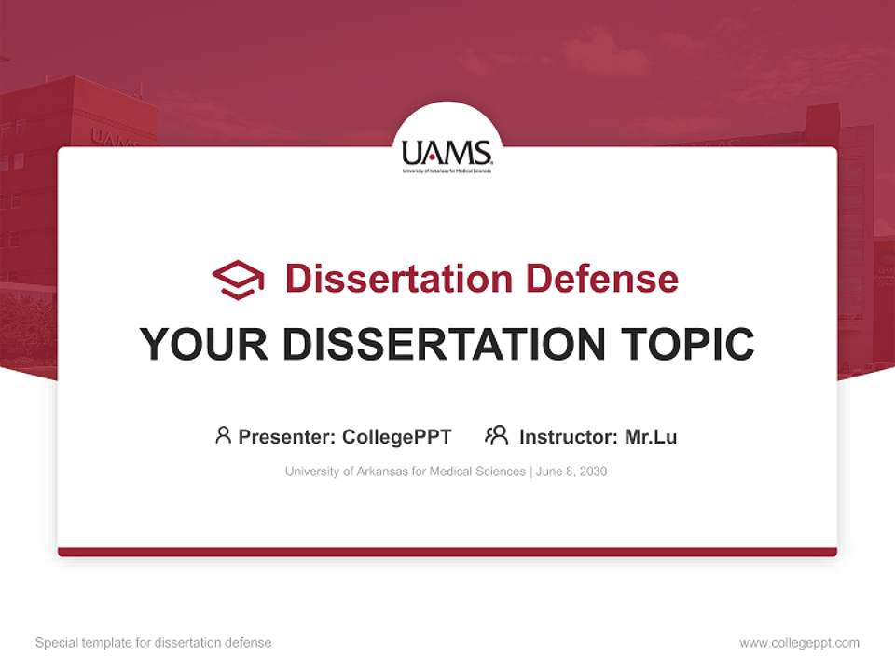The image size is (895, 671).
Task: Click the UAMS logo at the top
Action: point(447,154)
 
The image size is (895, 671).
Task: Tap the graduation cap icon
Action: point(238,280)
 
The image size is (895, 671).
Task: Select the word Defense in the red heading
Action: point(601,279)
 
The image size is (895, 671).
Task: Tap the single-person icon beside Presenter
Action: point(223,435)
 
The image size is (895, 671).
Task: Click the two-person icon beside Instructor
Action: point(496,435)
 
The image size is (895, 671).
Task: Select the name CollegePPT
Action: point(397,436)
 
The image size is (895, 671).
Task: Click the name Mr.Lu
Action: point(651,436)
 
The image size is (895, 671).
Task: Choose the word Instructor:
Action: point(568,436)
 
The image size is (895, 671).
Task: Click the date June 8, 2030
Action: point(571,472)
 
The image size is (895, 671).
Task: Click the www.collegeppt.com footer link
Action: point(799,643)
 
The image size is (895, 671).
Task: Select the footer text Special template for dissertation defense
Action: point(154,643)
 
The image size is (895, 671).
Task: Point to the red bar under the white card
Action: point(447,552)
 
